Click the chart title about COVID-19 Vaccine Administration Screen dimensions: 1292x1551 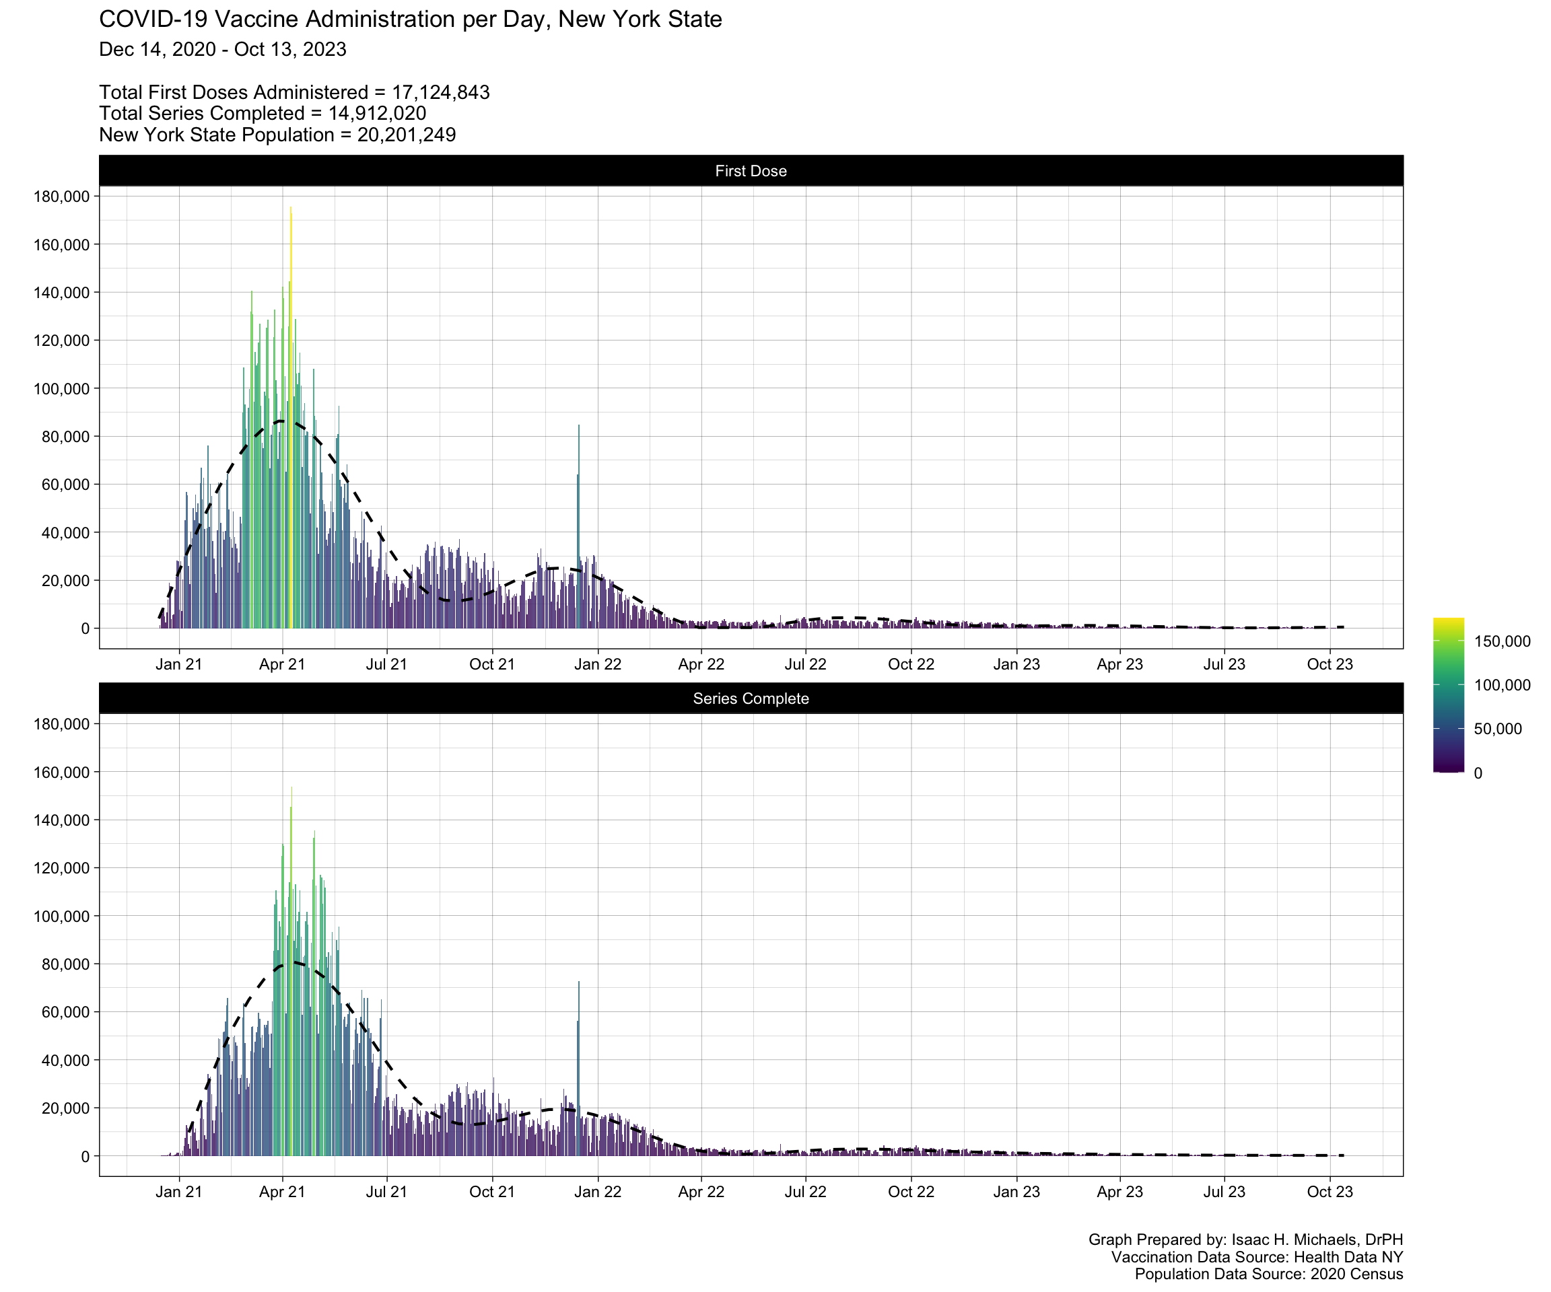coord(410,20)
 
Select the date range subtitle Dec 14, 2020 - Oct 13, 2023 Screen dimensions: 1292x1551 coord(222,50)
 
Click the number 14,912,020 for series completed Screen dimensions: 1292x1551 coord(377,114)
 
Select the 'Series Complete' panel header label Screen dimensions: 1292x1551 coord(751,698)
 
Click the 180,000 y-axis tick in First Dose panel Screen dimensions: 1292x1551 coord(61,196)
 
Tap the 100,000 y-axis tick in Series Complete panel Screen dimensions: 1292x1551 coord(61,917)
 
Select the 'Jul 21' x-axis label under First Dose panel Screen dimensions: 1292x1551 coord(386,664)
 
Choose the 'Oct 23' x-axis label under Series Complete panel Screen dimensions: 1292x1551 coord(1330,1192)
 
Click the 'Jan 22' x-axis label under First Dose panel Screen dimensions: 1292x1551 coord(598,664)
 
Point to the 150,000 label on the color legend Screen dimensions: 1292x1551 coord(1501,641)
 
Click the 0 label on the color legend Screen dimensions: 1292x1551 coord(1477,773)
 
